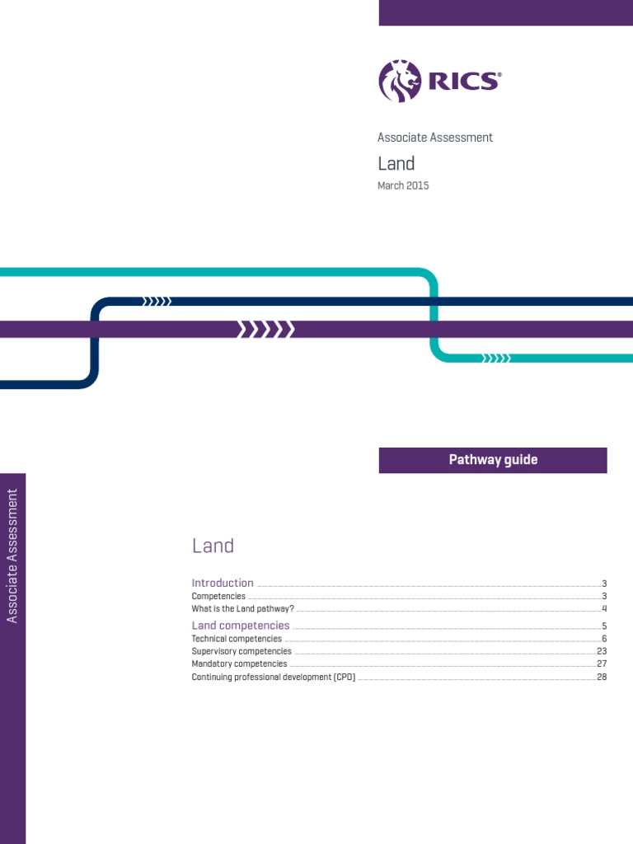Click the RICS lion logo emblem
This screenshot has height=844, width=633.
(399, 81)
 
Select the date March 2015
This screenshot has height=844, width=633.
(403, 185)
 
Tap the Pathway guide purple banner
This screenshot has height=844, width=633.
(493, 460)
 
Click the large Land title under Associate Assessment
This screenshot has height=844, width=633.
(396, 163)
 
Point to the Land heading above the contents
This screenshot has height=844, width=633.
(213, 546)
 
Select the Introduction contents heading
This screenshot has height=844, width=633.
(223, 583)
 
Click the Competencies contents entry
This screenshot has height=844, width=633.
(218, 596)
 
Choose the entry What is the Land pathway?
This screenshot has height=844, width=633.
(243, 609)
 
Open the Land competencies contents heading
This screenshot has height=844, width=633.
(241, 626)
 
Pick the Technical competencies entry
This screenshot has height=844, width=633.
(237, 639)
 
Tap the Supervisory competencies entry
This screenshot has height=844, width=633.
(241, 651)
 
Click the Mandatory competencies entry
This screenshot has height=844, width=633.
(239, 663)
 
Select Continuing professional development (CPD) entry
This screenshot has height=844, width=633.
(274, 678)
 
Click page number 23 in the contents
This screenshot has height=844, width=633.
(602, 651)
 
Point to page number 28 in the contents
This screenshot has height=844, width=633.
(602, 678)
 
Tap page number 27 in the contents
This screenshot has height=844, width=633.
(602, 663)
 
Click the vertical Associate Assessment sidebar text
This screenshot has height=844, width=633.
(12, 556)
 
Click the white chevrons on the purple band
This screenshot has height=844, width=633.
(266, 330)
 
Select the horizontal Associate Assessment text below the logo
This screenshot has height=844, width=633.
(435, 138)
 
